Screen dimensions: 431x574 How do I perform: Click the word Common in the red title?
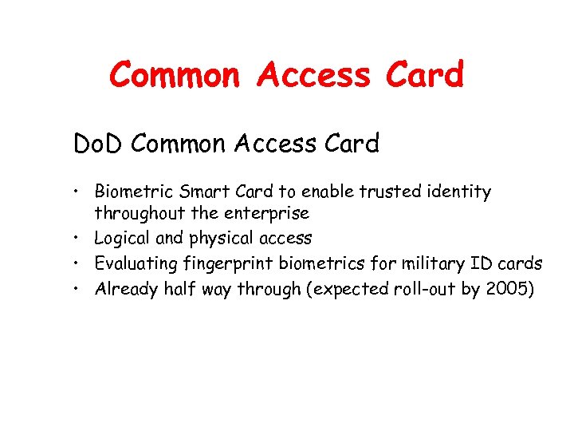[x=175, y=75]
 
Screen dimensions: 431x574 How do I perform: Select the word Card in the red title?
[x=423, y=75]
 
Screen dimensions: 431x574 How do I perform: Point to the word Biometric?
[x=131, y=192]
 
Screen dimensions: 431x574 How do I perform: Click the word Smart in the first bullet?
[x=195, y=192]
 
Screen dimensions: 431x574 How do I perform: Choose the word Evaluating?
[x=135, y=263]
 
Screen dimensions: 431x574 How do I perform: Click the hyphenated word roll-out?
[x=423, y=288]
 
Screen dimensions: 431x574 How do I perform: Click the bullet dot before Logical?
[x=81, y=239]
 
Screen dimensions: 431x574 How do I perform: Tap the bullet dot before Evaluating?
[x=81, y=263]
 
